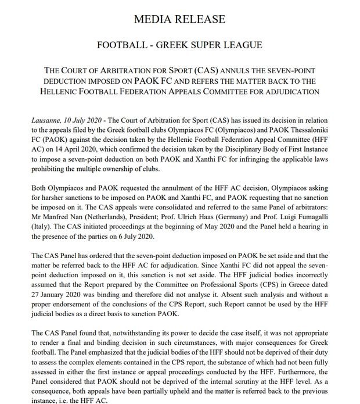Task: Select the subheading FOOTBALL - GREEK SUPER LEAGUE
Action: pyautogui.click(x=179, y=45)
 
